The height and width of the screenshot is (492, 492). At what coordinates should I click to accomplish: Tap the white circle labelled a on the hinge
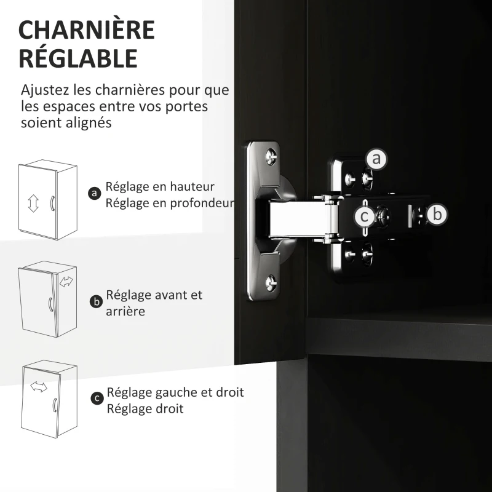[x=376, y=160]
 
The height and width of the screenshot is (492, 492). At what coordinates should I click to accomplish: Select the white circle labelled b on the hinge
[x=437, y=215]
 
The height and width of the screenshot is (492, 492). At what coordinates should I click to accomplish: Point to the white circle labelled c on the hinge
[x=365, y=216]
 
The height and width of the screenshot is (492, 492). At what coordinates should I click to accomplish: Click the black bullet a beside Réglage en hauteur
[x=95, y=194]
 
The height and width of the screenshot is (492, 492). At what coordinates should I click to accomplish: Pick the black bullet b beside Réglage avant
[x=95, y=302]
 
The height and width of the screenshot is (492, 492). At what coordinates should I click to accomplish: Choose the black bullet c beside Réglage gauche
[x=97, y=400]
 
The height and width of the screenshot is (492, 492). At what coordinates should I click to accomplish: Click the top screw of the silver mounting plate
[x=271, y=157]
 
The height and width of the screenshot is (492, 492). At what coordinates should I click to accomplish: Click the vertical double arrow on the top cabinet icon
[x=33, y=204]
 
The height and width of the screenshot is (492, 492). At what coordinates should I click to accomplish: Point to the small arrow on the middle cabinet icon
[x=66, y=282]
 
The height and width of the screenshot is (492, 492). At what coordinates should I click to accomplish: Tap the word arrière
[x=125, y=311]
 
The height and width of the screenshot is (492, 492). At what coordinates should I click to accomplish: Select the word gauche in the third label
[x=177, y=392]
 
